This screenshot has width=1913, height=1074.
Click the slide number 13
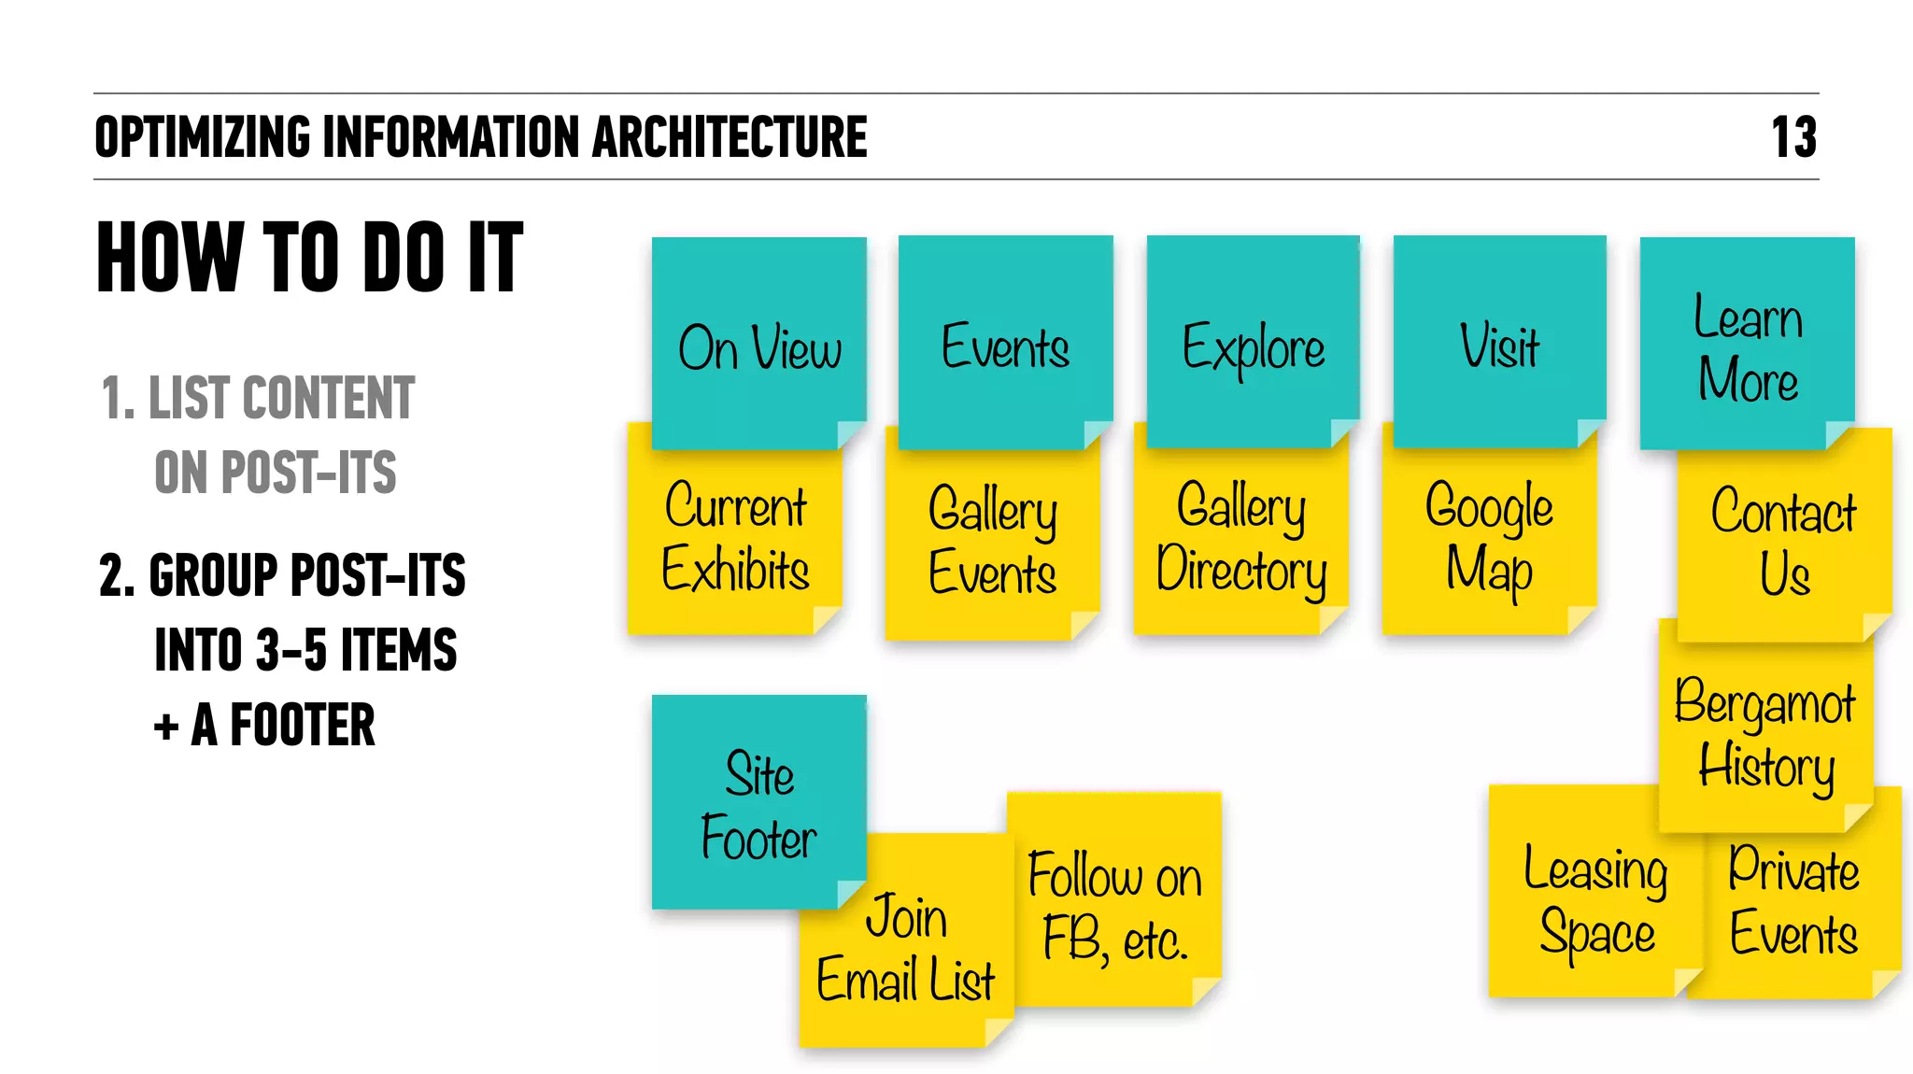(1793, 137)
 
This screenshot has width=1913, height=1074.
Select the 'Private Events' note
(1794, 902)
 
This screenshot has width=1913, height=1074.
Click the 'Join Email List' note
(904, 949)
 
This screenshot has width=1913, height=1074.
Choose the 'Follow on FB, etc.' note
(1114, 906)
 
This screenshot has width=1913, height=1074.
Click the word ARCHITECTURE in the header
(730, 137)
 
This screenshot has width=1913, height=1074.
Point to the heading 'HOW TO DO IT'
(310, 257)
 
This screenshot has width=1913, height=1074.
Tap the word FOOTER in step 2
(303, 726)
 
